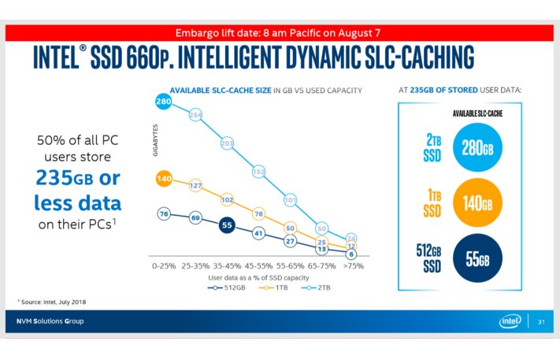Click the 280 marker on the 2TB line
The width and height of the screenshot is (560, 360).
[164, 102]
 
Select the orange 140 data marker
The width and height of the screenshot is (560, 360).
[164, 179]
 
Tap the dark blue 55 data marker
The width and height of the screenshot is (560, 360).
[227, 225]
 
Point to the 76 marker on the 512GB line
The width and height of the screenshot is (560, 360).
[164, 213]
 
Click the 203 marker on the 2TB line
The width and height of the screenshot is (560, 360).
[227, 143]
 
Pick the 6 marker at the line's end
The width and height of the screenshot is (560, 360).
[352, 254]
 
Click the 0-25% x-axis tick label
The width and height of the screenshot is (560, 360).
[164, 267]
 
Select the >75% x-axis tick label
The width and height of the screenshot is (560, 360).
[352, 267]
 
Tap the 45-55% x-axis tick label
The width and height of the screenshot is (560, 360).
[258, 267]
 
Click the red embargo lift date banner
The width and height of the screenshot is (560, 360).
[280, 32]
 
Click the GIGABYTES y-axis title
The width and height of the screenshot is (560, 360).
[155, 141]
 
